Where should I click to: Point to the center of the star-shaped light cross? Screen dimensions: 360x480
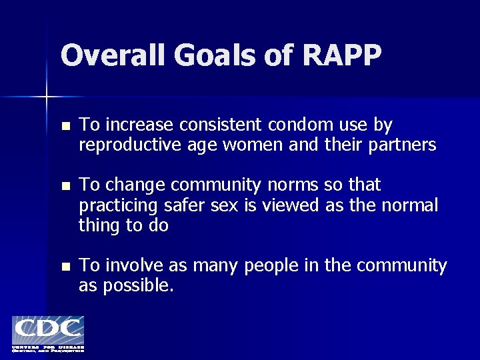point(47,97)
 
